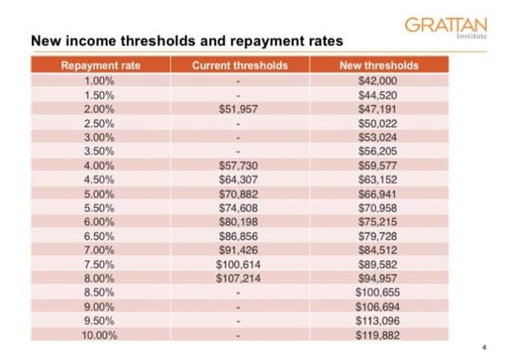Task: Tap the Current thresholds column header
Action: click(239, 65)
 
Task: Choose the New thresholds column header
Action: click(379, 65)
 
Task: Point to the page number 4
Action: click(484, 347)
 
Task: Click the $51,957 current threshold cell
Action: click(239, 108)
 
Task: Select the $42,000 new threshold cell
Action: click(379, 79)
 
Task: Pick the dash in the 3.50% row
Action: click(239, 151)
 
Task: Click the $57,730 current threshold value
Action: click(239, 165)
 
